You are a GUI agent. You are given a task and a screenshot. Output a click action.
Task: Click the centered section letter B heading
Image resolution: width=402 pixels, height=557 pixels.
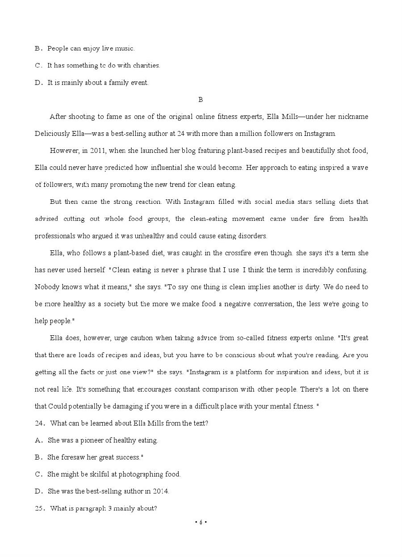click(x=201, y=99)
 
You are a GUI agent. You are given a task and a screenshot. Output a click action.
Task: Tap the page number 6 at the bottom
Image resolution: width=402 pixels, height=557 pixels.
click(x=201, y=522)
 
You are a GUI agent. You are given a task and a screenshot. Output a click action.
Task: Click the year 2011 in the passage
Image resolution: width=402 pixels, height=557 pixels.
click(x=97, y=150)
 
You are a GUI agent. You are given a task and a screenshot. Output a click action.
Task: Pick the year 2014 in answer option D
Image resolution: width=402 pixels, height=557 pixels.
click(x=160, y=491)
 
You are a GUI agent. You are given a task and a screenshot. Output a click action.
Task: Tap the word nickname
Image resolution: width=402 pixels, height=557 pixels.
click(x=352, y=116)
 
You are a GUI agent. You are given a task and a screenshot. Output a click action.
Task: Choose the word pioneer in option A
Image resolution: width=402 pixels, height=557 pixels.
click(x=89, y=440)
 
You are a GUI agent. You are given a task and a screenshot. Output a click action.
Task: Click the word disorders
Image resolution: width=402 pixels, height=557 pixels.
click(x=252, y=236)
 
